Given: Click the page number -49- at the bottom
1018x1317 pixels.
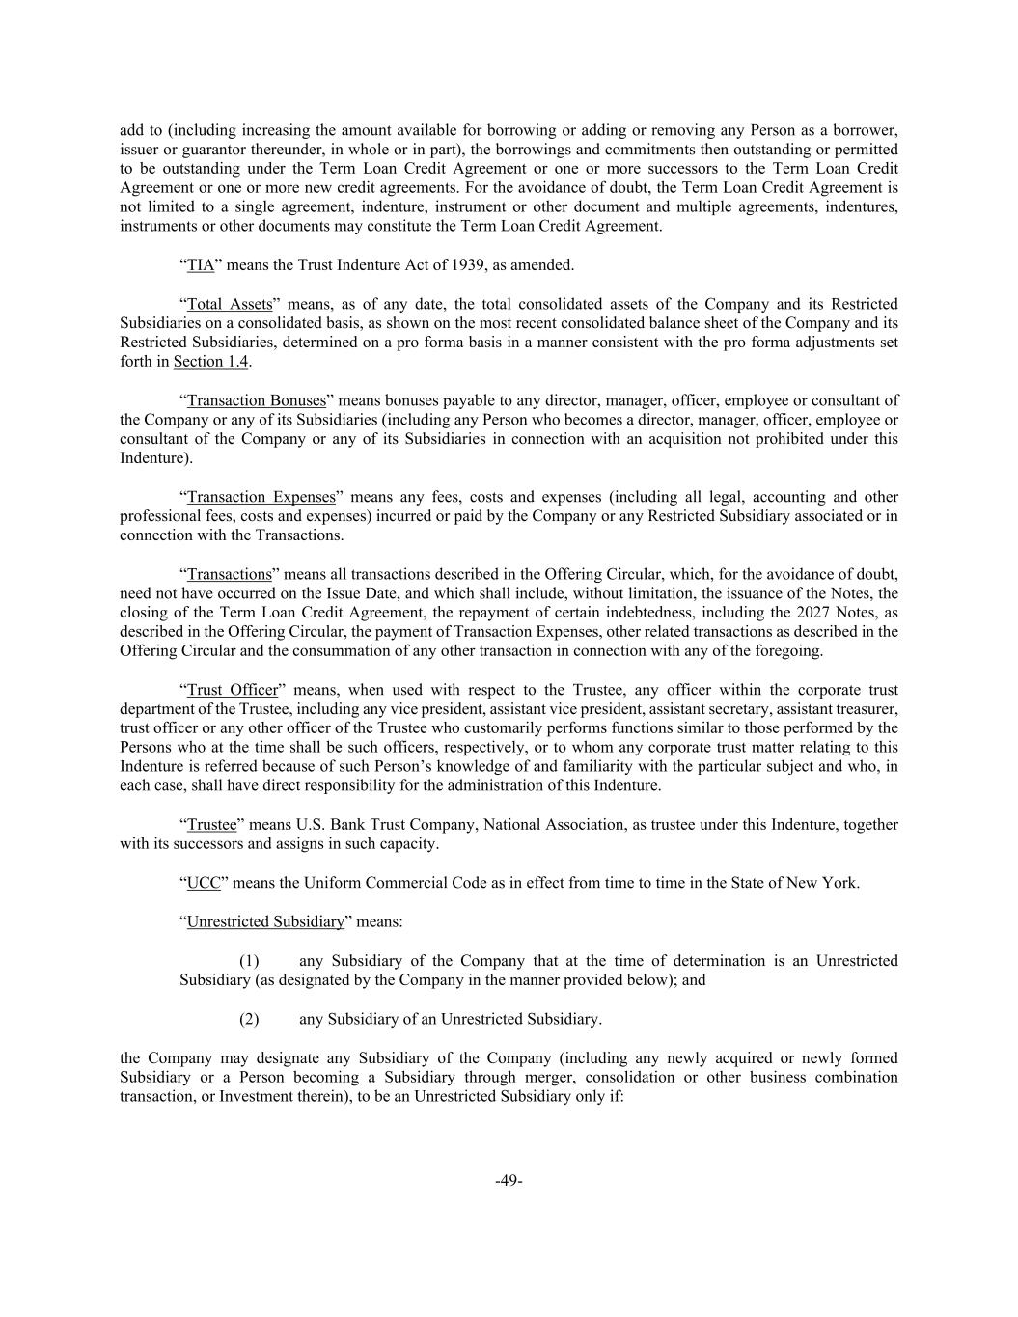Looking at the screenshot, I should (509, 1180).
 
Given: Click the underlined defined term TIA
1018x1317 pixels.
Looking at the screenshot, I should (201, 265).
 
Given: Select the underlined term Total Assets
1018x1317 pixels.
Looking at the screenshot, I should (230, 304).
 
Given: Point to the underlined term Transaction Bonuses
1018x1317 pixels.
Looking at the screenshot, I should (257, 400).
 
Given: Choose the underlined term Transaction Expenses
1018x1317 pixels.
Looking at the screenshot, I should (261, 497).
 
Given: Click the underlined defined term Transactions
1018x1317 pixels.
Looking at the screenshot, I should (230, 574).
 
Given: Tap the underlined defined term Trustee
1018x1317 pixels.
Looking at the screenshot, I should (211, 825).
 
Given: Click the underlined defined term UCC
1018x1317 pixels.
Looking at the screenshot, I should (204, 883).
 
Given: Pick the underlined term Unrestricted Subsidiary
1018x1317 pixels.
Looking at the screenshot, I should (265, 921).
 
